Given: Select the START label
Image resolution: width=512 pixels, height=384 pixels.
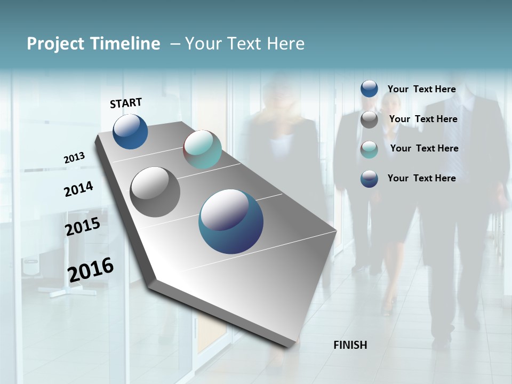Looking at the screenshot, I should point(126,103).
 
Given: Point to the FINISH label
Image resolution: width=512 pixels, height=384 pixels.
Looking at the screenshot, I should point(350,345).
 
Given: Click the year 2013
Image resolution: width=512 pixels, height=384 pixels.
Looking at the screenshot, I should point(74,158).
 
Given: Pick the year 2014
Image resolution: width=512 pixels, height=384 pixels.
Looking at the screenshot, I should point(78,189).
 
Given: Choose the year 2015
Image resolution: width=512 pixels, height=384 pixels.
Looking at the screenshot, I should point(83,227).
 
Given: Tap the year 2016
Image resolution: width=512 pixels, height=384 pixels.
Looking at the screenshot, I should point(91,270).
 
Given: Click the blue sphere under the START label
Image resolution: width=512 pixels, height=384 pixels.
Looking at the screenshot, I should point(130,132).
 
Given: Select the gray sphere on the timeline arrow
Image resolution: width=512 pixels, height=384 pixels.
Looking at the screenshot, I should point(155,192).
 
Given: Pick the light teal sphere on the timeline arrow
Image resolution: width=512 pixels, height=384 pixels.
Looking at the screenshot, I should point(202,149).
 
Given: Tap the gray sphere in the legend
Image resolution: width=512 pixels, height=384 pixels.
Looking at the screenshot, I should point(369,119).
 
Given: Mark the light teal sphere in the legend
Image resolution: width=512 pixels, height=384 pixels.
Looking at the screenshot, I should point(369,149).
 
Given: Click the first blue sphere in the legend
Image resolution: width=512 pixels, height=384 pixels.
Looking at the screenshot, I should point(369,89).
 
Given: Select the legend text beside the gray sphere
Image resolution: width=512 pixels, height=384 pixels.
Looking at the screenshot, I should point(423,119).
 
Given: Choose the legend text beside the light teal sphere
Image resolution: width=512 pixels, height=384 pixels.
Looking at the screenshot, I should point(424,148).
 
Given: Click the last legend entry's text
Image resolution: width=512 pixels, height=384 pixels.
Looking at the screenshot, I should point(421,178).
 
